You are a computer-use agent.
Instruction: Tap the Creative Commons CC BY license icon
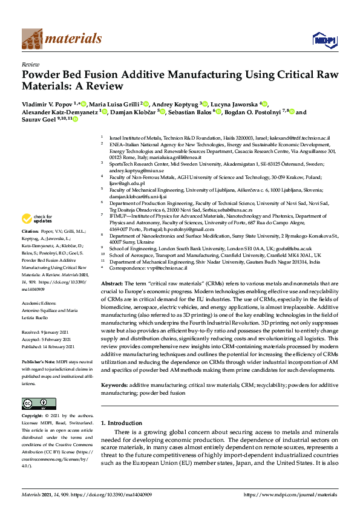[34, 403]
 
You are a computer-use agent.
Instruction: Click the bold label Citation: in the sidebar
[30, 232]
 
